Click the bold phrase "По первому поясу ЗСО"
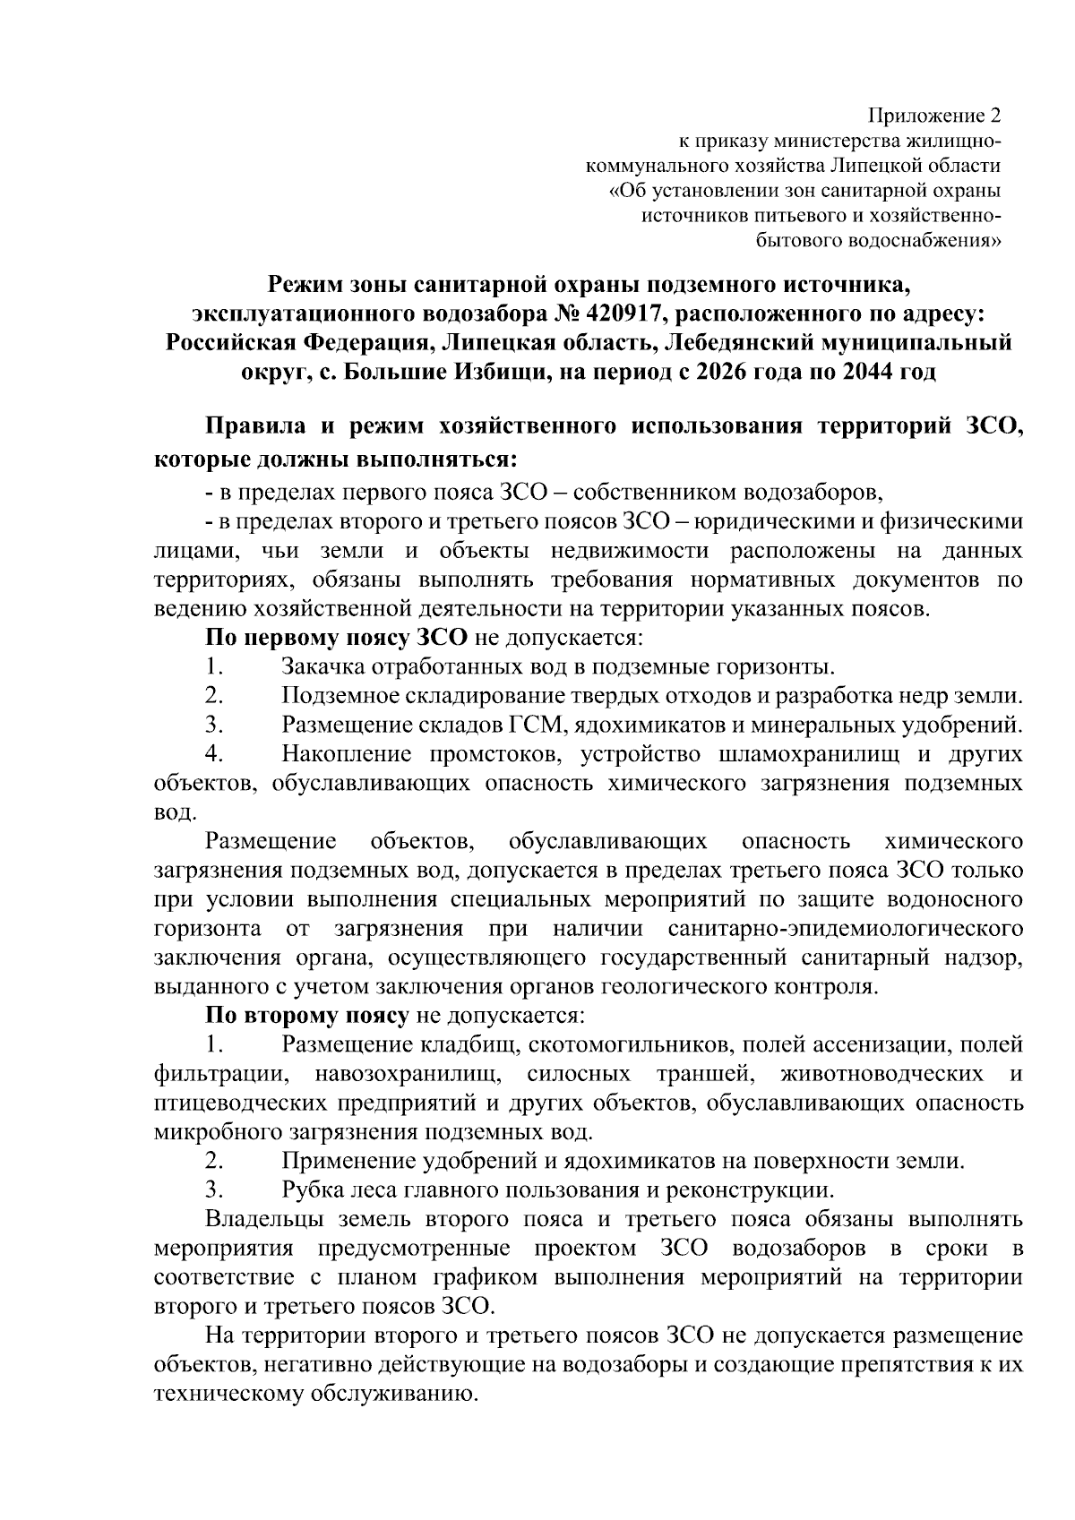point(337,638)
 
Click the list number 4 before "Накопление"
point(212,754)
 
